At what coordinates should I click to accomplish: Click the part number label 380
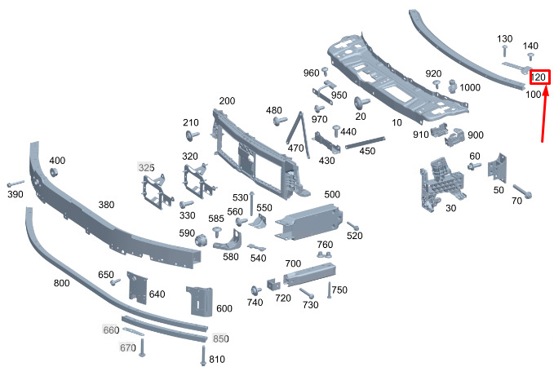(106, 205)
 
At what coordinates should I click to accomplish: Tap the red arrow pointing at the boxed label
(544, 114)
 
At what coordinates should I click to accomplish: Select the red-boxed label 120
(538, 77)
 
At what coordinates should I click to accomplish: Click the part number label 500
(332, 194)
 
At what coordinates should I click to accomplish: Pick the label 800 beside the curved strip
(61, 283)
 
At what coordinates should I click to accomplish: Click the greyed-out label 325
(146, 167)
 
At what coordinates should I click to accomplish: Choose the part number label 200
(227, 101)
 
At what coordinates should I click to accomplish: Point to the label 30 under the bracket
(450, 207)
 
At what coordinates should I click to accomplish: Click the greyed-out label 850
(221, 338)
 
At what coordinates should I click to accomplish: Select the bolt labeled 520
(352, 225)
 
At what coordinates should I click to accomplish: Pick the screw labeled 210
(193, 136)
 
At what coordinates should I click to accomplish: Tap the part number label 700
(293, 263)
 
